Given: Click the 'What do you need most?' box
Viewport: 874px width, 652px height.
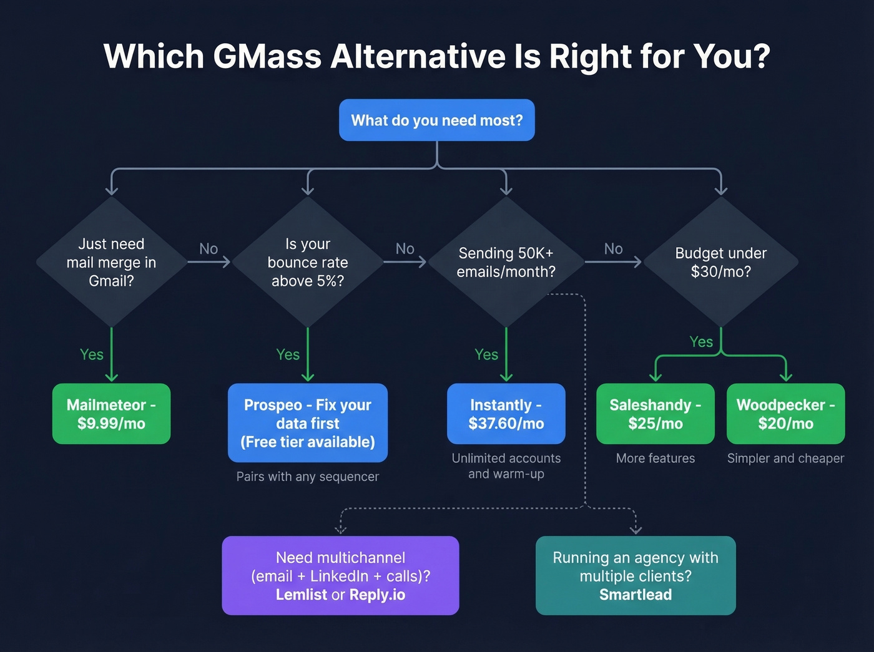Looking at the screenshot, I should [436, 120].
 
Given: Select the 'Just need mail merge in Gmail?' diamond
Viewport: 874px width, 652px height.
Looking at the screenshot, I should [111, 262].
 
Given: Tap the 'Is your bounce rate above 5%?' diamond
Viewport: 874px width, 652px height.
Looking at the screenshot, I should [308, 262].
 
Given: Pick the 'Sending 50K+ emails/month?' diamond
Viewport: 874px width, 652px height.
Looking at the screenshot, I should [506, 262].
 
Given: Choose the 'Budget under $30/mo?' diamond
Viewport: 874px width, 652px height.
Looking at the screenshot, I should [720, 262].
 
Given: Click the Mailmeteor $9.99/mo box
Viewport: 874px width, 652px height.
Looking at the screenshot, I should [111, 414].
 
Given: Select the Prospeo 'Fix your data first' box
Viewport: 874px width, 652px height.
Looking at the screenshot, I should [308, 423].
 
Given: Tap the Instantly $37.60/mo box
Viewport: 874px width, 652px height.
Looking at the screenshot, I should [506, 414].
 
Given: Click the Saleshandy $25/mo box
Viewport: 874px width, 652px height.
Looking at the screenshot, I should [655, 414].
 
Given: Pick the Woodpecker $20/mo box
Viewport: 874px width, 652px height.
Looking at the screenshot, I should [785, 414].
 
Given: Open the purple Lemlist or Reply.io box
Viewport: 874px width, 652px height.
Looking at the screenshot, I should [340, 575].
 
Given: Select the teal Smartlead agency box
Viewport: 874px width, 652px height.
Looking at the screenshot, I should [636, 575].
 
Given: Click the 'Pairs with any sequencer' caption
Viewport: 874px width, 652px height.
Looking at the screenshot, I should [308, 477].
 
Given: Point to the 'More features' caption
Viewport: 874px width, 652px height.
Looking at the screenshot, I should [655, 459].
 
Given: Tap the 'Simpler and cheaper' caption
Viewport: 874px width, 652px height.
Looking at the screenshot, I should [785, 459].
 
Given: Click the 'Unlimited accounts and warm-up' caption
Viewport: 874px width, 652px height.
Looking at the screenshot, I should [506, 466].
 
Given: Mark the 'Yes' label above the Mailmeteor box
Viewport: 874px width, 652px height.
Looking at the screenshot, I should [92, 354].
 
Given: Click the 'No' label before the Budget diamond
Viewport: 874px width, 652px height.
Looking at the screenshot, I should [613, 249].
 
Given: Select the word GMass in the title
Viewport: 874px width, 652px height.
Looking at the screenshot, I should [267, 56].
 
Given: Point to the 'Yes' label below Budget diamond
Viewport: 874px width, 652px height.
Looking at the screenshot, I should [701, 342].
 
